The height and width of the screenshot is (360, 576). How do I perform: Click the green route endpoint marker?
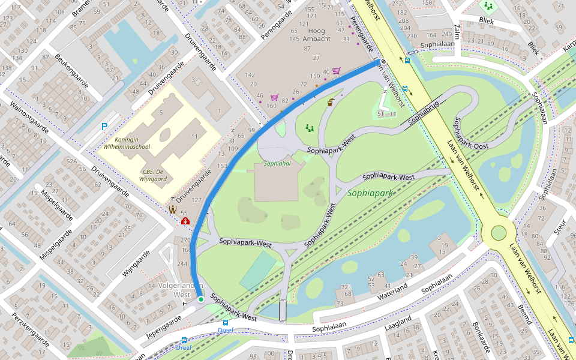coord(201,298)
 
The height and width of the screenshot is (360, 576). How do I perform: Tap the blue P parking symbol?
coord(104,127)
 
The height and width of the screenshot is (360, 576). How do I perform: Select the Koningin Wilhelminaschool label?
coord(126,142)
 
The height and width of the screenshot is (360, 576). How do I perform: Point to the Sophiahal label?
coord(277,163)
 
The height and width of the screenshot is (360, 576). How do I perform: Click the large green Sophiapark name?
coord(370,193)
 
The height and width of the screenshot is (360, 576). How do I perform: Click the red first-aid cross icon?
coord(185,221)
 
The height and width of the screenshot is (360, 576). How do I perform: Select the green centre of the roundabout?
coord(499,233)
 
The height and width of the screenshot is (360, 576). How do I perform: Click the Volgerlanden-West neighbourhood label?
coord(182,290)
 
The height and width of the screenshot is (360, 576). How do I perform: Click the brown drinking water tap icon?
coord(331,102)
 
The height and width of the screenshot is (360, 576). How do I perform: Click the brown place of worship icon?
coord(173,209)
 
